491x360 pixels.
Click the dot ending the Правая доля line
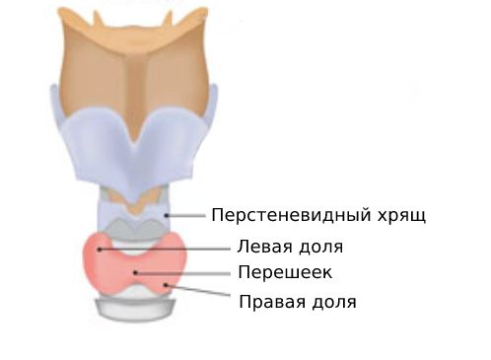[169, 284]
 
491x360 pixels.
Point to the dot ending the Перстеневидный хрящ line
[168, 214]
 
